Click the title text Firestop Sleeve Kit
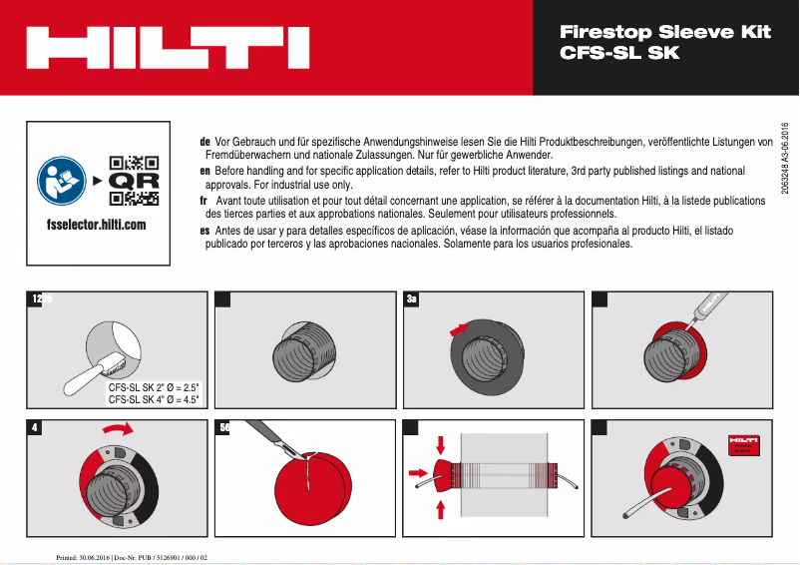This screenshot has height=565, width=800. (x=665, y=32)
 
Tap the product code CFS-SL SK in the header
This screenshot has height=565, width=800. (x=619, y=53)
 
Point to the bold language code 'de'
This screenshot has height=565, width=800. (x=204, y=143)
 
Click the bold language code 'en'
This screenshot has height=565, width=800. (x=204, y=172)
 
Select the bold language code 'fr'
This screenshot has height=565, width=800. (x=203, y=201)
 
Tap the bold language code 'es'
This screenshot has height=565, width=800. (x=204, y=230)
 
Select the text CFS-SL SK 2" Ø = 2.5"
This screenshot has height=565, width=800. (x=154, y=387)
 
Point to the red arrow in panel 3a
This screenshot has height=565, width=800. (x=458, y=326)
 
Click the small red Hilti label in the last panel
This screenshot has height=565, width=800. (x=743, y=446)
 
